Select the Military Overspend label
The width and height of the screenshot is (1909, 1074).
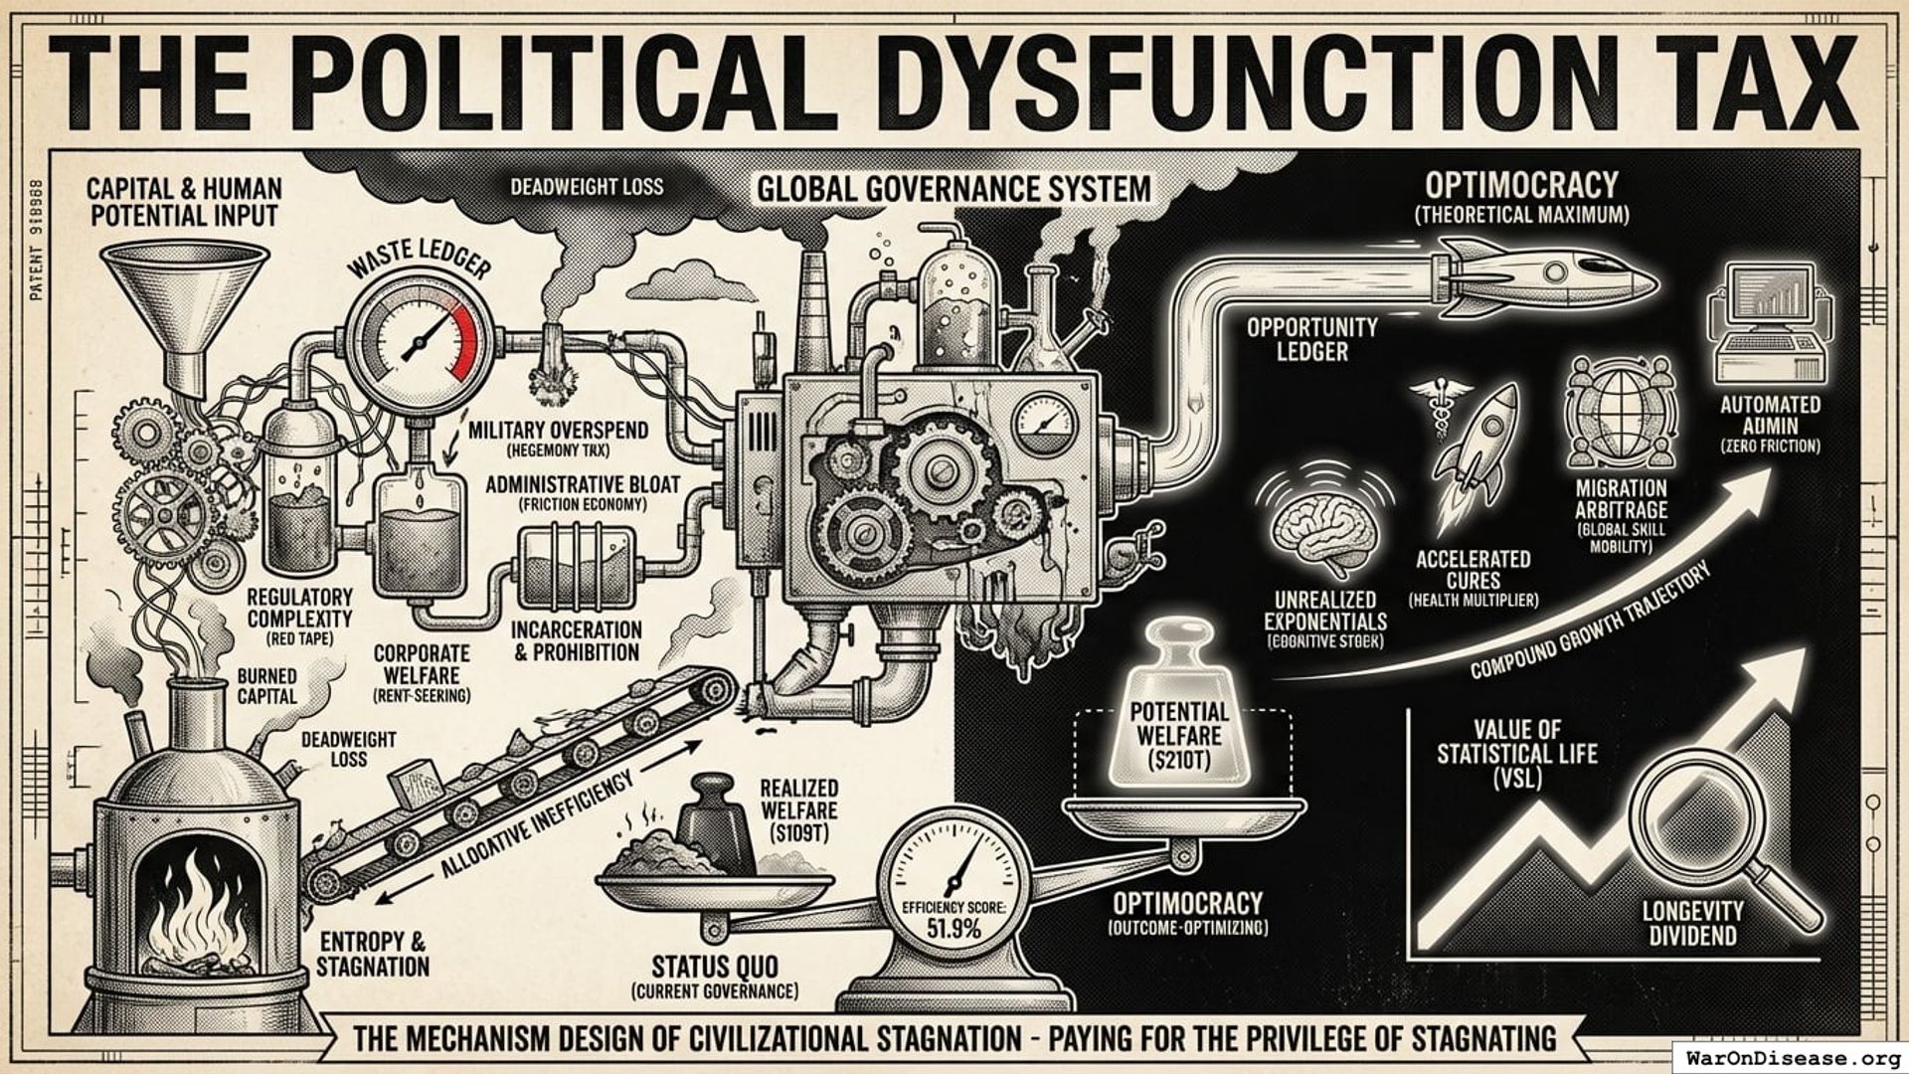[558, 430]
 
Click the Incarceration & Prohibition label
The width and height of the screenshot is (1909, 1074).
[576, 641]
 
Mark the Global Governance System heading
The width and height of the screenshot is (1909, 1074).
[954, 188]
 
